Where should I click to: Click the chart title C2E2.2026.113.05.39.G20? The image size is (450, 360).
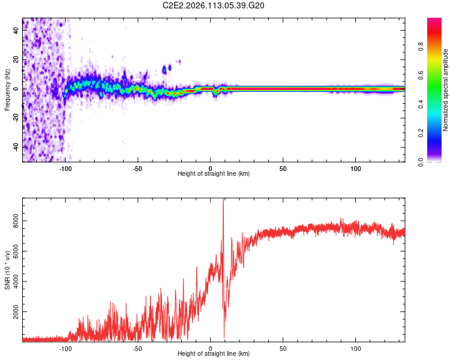point(214,5)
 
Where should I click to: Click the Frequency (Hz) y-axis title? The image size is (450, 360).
point(7,89)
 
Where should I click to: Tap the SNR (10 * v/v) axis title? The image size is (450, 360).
point(7,269)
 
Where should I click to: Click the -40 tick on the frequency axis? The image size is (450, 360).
point(16,147)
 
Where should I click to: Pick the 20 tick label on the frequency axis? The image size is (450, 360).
point(16,59)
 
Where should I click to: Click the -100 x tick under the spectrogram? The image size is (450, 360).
point(65,167)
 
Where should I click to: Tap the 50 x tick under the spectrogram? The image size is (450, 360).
point(283,167)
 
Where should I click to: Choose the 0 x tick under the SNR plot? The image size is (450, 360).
point(211,347)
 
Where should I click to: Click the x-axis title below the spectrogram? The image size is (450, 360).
point(214,174)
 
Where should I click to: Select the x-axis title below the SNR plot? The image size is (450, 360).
point(214,354)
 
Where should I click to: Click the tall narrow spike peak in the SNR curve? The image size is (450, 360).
point(223,200)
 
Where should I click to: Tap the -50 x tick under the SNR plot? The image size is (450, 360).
point(138,347)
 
